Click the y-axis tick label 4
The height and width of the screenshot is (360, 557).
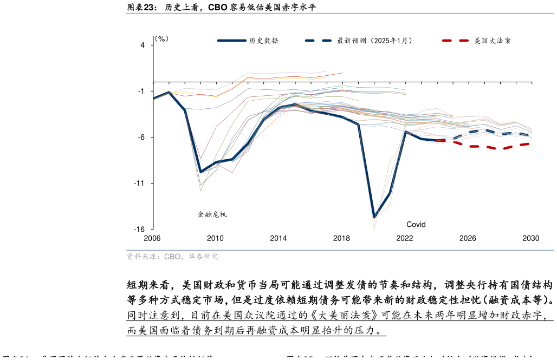tap(143, 45)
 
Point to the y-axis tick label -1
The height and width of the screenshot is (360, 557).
tap(141, 91)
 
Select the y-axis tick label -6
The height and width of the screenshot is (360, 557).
tap(141, 138)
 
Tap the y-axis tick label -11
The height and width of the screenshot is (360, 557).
tap(140, 184)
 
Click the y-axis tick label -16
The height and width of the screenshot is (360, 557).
tap(140, 230)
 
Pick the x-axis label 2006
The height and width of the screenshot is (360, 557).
tap(152, 238)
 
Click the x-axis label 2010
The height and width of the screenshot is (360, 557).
tap(215, 238)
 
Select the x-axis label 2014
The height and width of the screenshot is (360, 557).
tap(278, 238)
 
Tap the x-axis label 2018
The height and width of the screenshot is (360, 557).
tap(341, 238)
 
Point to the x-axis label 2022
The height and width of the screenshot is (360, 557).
tap(404, 238)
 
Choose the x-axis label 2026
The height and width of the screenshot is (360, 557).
tap(468, 238)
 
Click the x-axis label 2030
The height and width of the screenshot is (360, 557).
tap(530, 238)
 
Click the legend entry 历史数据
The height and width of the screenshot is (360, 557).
tap(264, 41)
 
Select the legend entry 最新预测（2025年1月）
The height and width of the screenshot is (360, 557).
tap(374, 41)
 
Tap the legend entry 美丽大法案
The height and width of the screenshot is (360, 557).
tap(493, 41)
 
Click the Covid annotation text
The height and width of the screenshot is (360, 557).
tap(416, 225)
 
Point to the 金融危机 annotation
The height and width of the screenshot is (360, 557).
tap(212, 214)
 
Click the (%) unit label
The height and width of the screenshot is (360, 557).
tap(161, 39)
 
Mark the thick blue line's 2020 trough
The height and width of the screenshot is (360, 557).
tap(374, 217)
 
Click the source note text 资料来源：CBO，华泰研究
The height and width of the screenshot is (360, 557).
tap(172, 257)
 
